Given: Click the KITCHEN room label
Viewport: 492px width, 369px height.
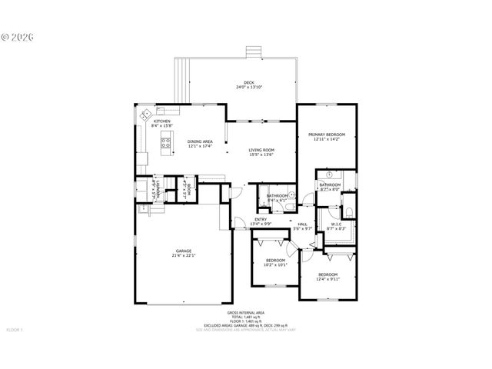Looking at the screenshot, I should pos(161,121).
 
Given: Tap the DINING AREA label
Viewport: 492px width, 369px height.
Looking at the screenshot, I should pos(200,141).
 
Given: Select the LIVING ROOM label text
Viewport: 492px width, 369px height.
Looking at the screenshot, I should pos(261,150).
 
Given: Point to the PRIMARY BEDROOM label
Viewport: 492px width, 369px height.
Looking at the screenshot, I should pos(329,135).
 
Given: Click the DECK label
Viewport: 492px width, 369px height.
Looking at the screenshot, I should pos(249,82).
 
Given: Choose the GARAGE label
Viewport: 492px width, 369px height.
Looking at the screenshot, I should pos(183,251).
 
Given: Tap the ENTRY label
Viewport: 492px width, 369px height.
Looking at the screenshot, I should pos(261,220).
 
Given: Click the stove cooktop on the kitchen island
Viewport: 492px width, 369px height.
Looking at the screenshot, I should pos(165,141).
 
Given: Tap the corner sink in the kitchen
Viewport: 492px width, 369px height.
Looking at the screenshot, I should pos(145,116).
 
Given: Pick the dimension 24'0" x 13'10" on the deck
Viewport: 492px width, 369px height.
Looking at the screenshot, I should pos(249,88).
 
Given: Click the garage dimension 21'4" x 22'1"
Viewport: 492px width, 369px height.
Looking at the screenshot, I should pos(183,255).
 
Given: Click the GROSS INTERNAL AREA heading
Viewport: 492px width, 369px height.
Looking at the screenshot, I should pos(245,313).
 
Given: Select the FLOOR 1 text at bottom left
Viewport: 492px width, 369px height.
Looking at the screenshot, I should pos(15,330).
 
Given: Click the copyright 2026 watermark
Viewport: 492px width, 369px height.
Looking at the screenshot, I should pos(18,36).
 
